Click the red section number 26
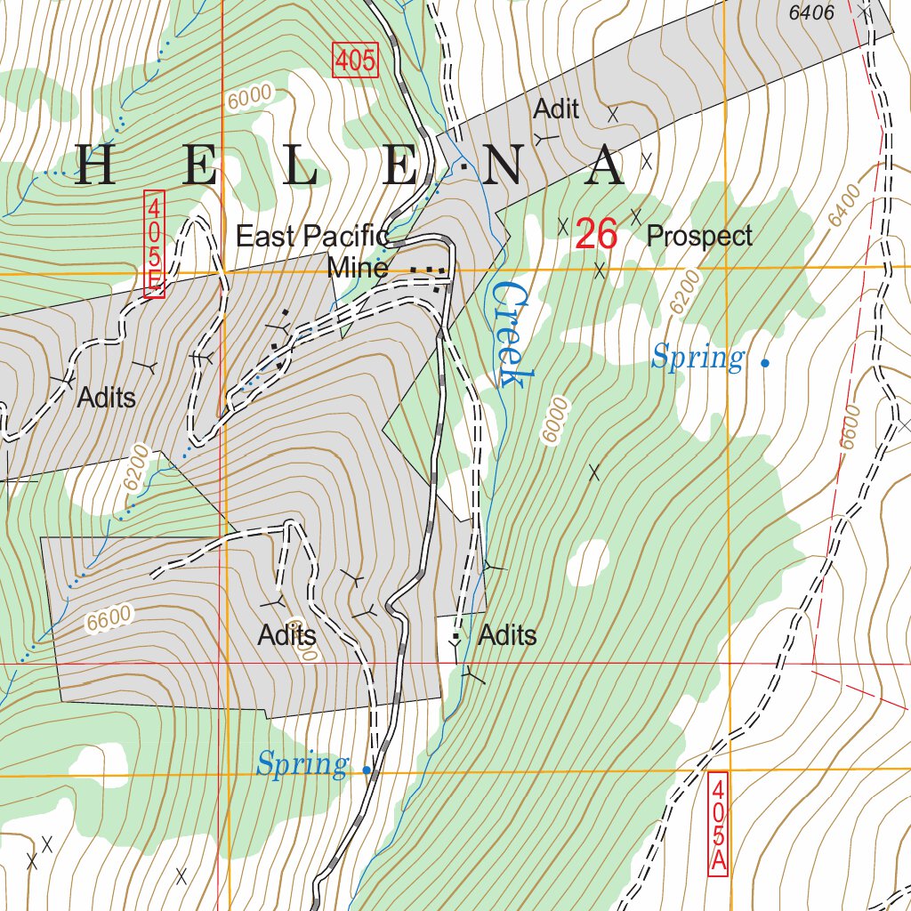click(596, 235)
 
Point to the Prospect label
click(699, 237)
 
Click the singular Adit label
click(556, 109)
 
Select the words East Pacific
click(312, 237)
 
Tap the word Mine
click(357, 268)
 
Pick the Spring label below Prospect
click(697, 359)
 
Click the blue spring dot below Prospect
click(765, 363)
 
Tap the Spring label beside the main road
click(302, 764)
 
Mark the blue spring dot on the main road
click(367, 770)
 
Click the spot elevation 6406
click(810, 13)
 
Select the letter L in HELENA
click(301, 166)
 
